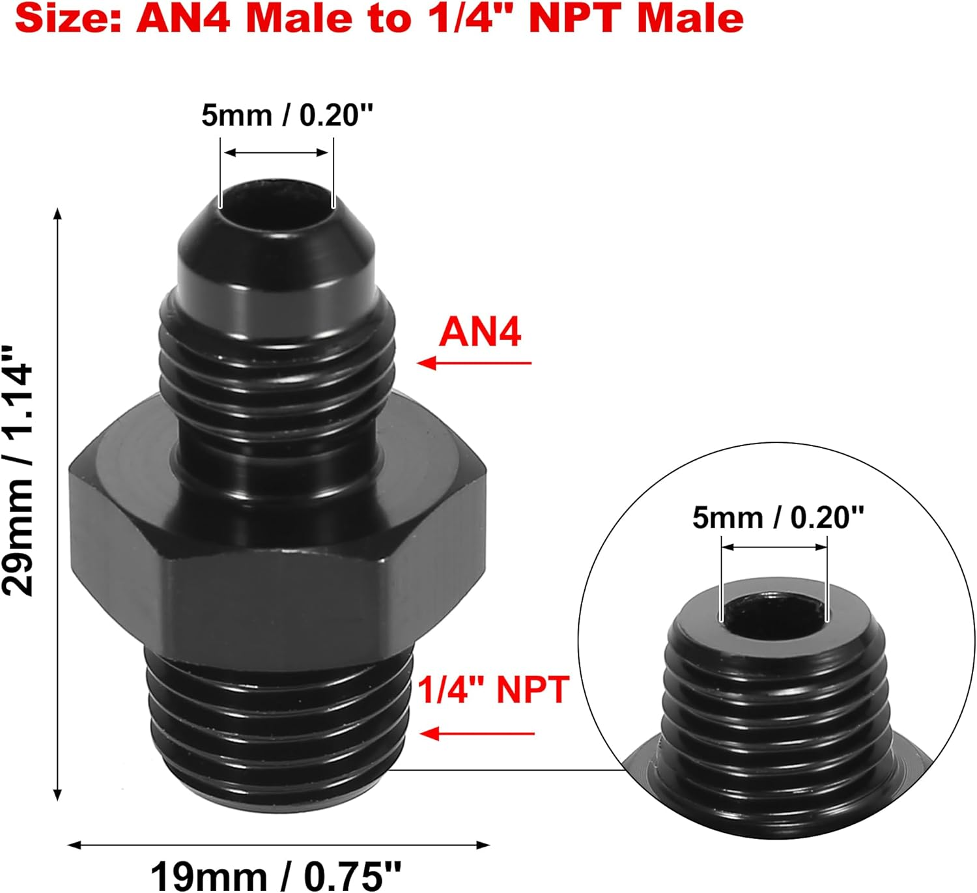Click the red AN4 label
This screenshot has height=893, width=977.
tap(480, 332)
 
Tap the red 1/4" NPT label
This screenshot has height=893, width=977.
tap(493, 690)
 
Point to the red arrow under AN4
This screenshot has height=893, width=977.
tap(474, 363)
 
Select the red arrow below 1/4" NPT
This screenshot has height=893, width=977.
tap(477, 734)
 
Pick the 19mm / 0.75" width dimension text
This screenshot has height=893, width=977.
tap(276, 875)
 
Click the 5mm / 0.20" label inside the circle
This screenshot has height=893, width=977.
tap(778, 518)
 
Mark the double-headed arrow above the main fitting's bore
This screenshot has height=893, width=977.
tap(276, 153)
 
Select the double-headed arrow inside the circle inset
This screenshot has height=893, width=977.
tap(774, 547)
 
